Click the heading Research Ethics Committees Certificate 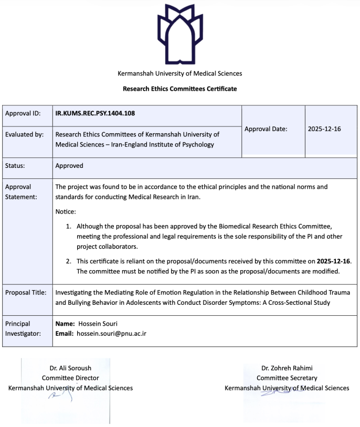pyautogui.click(x=180, y=89)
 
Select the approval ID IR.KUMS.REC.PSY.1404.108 pyautogui.click(x=99, y=113)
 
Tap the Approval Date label pyautogui.click(x=266, y=129)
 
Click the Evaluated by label pyautogui.click(x=24, y=134)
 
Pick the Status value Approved pyautogui.click(x=69, y=166)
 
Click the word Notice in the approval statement pyautogui.click(x=66, y=211)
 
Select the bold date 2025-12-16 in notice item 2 pyautogui.click(x=334, y=261)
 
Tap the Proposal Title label pyautogui.click(x=26, y=292)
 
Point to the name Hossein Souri pyautogui.click(x=97, y=323)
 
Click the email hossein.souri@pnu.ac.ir pyautogui.click(x=111, y=333)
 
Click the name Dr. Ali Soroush pyautogui.click(x=70, y=368)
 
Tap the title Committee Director pyautogui.click(x=70, y=378)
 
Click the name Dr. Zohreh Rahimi pyautogui.click(x=287, y=368)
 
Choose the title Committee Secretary pyautogui.click(x=287, y=378)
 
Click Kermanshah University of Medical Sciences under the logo pyautogui.click(x=180, y=73)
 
